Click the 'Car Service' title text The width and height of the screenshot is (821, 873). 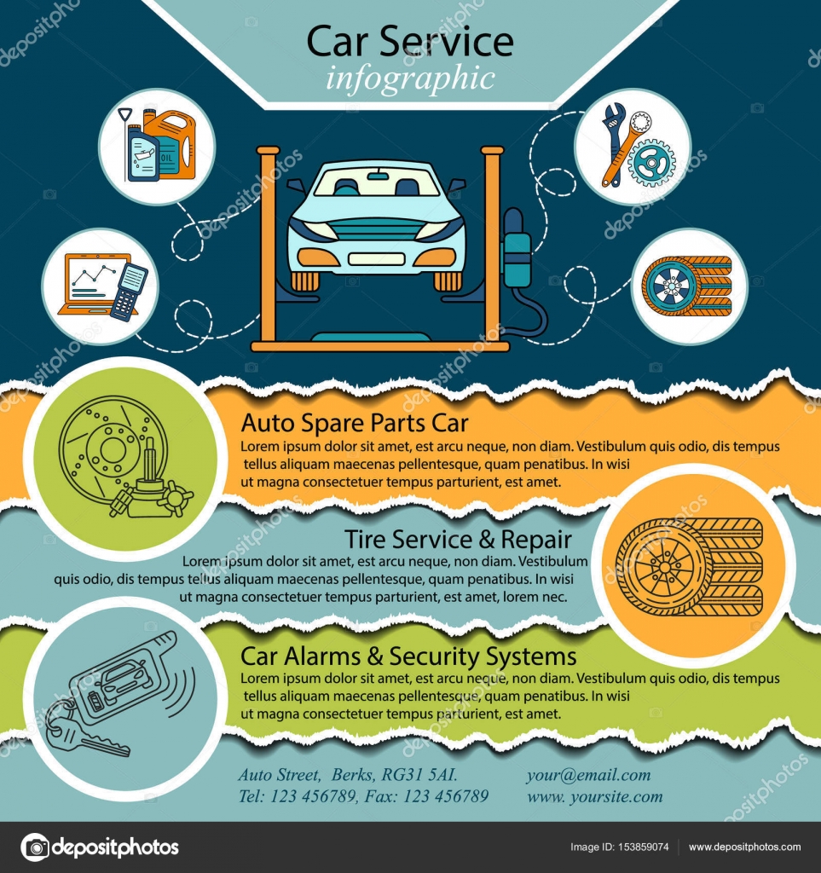[x=410, y=40]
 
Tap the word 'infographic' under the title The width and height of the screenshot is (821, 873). [x=410, y=78]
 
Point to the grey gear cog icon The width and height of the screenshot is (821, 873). [x=652, y=162]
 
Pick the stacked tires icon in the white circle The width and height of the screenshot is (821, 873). [x=687, y=286]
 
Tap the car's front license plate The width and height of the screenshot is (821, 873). [x=376, y=258]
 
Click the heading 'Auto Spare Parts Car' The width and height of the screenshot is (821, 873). [x=355, y=423]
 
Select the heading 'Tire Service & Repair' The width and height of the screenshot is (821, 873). [x=458, y=539]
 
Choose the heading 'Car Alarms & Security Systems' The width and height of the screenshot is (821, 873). [x=408, y=656]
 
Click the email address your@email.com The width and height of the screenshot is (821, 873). [x=588, y=775]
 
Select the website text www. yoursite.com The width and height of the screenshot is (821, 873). [x=594, y=796]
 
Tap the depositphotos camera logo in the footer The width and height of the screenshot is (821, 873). [x=35, y=847]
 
